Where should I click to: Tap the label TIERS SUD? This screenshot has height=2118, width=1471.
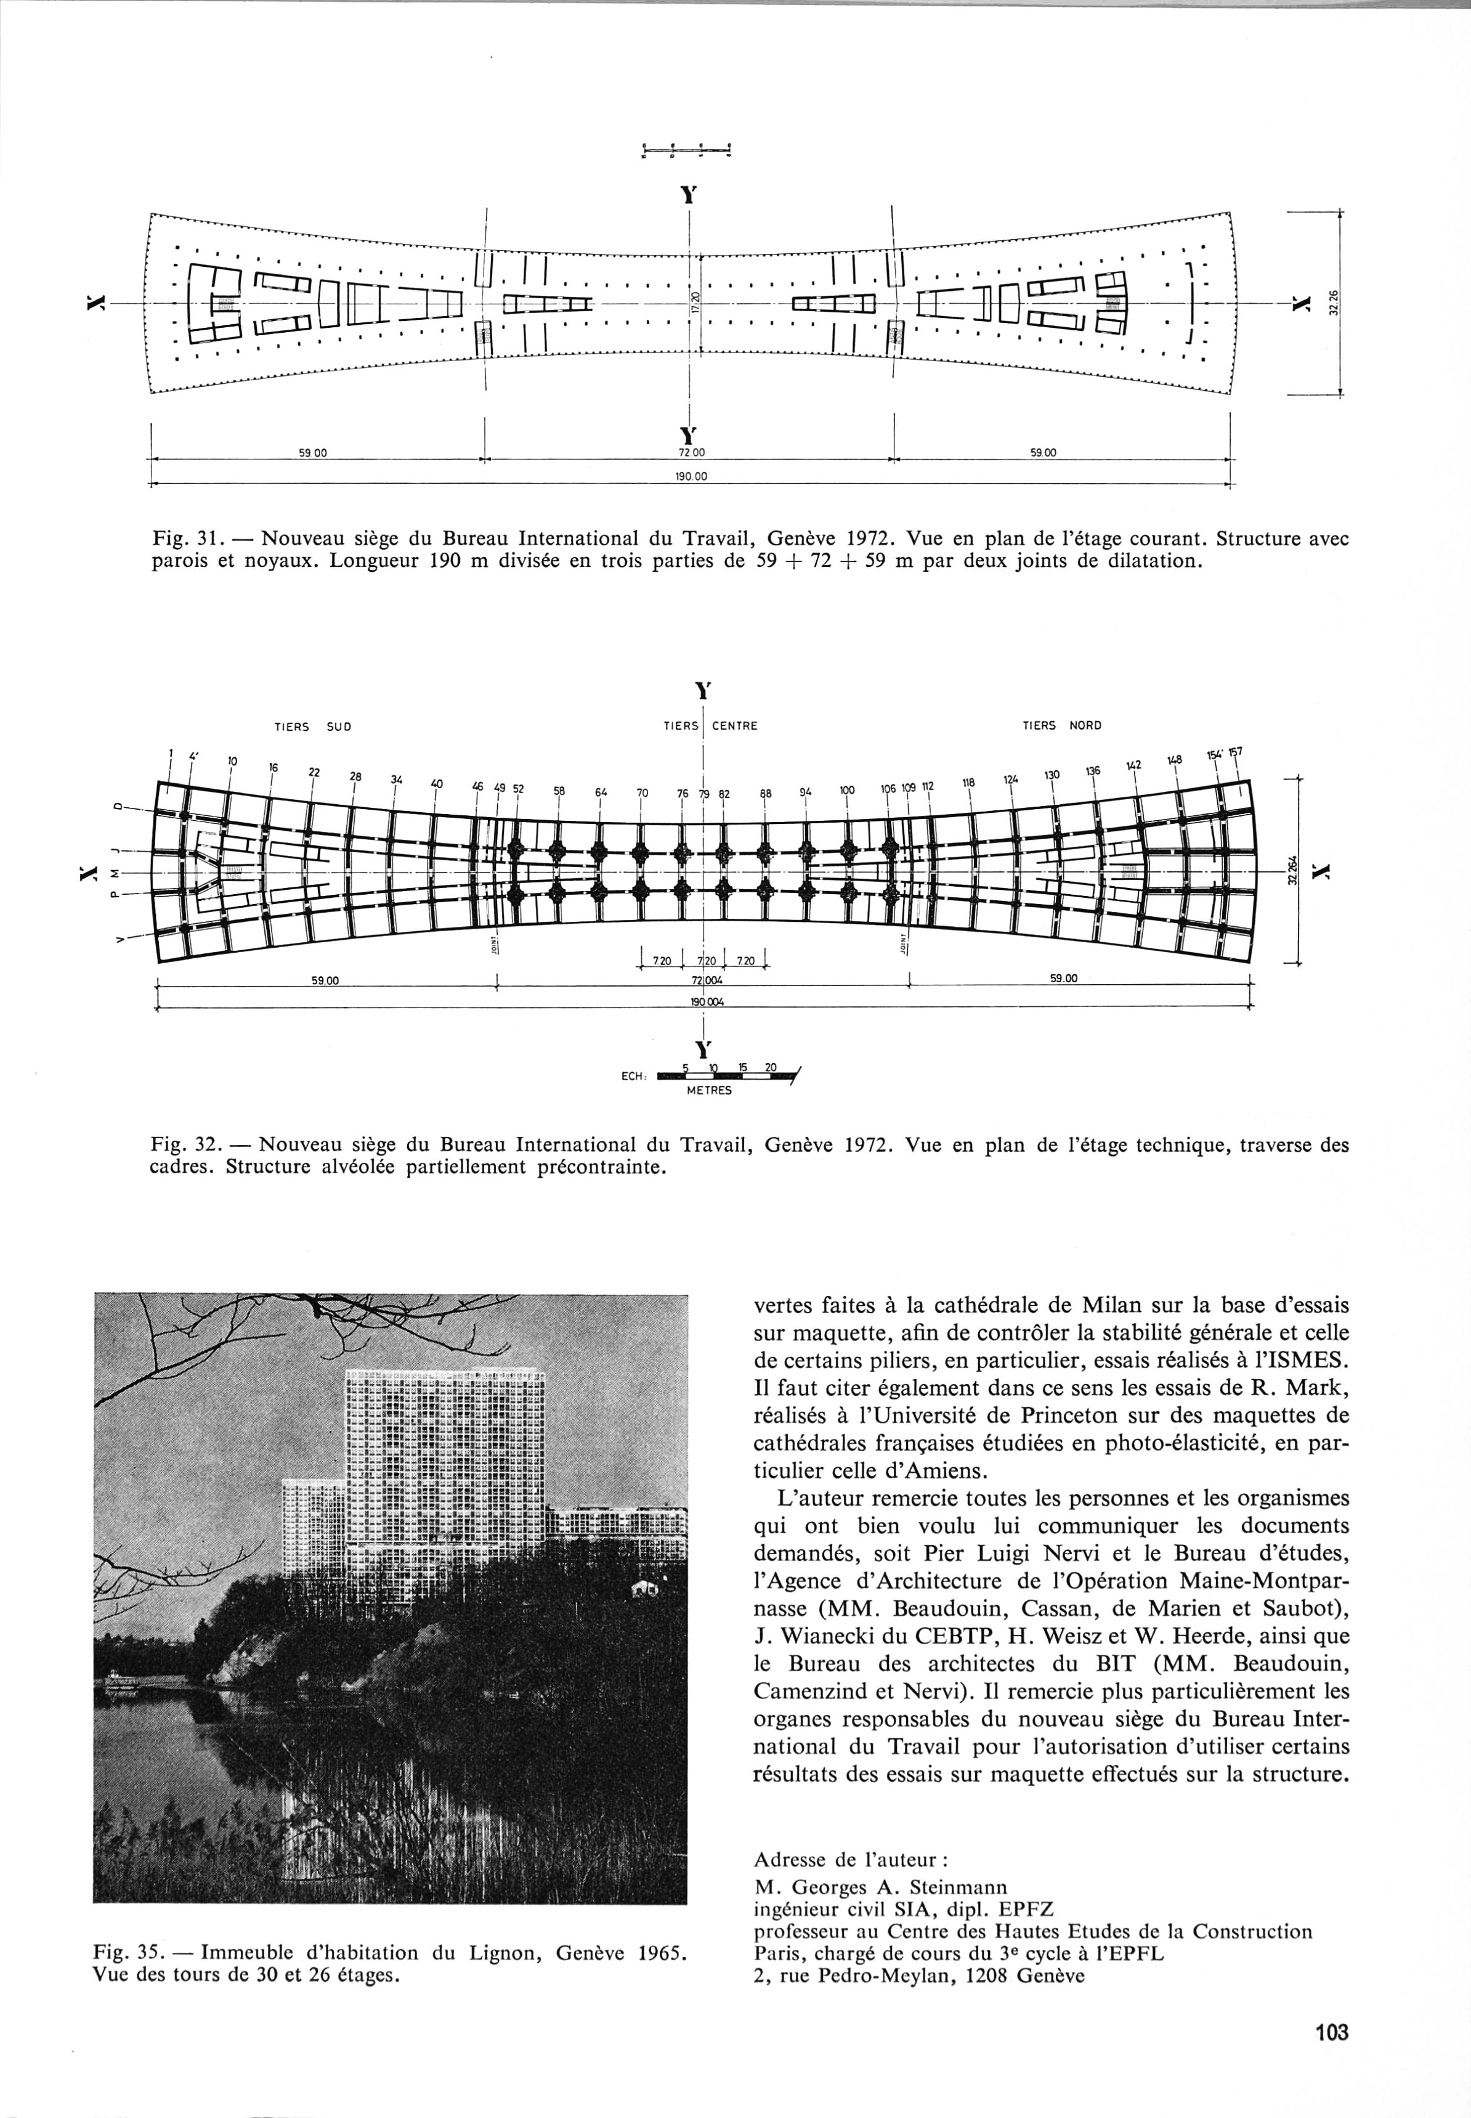[314, 727]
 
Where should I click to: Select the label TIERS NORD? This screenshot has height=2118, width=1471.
[1062, 726]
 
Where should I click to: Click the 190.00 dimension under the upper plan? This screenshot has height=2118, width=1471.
[693, 478]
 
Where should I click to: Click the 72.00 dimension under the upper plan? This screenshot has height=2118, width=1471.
[692, 453]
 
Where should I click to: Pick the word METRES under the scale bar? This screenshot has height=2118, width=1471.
[709, 1091]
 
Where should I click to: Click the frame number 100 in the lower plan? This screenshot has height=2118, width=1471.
[847, 790]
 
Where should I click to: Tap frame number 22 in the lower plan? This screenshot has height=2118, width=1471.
[314, 772]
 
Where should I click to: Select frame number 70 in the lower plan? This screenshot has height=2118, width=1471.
[642, 792]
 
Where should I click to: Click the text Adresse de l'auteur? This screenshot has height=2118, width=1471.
[845, 1857]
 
